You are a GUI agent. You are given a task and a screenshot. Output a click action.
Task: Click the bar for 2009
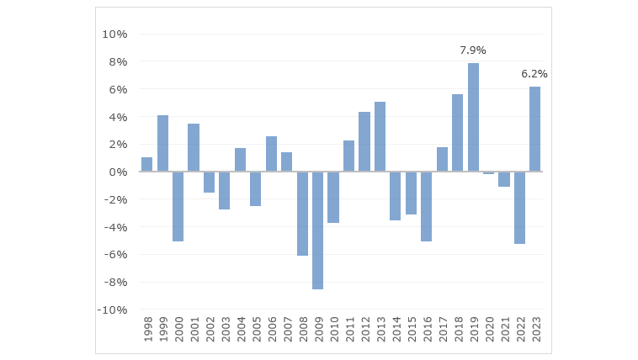[x=317, y=230]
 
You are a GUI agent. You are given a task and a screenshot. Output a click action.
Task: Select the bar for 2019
[x=473, y=117]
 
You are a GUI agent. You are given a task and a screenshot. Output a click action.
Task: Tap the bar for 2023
[x=534, y=129]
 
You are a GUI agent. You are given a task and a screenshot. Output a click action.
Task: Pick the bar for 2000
[x=178, y=206]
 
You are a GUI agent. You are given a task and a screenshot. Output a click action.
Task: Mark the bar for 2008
[x=302, y=214]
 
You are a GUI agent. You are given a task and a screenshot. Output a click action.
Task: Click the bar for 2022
[x=519, y=208]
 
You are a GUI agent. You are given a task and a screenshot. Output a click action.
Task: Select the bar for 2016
[x=426, y=206]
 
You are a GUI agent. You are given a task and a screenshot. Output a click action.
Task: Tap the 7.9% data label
[x=473, y=50]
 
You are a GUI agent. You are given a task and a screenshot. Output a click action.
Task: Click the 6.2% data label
[x=534, y=74]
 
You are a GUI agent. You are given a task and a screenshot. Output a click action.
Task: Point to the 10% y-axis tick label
[x=114, y=34]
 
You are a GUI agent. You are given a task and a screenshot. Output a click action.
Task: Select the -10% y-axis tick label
[x=113, y=310]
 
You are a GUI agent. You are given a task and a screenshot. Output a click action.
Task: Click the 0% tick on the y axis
[x=119, y=172]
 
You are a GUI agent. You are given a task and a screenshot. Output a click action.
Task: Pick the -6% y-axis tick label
[x=115, y=255]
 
